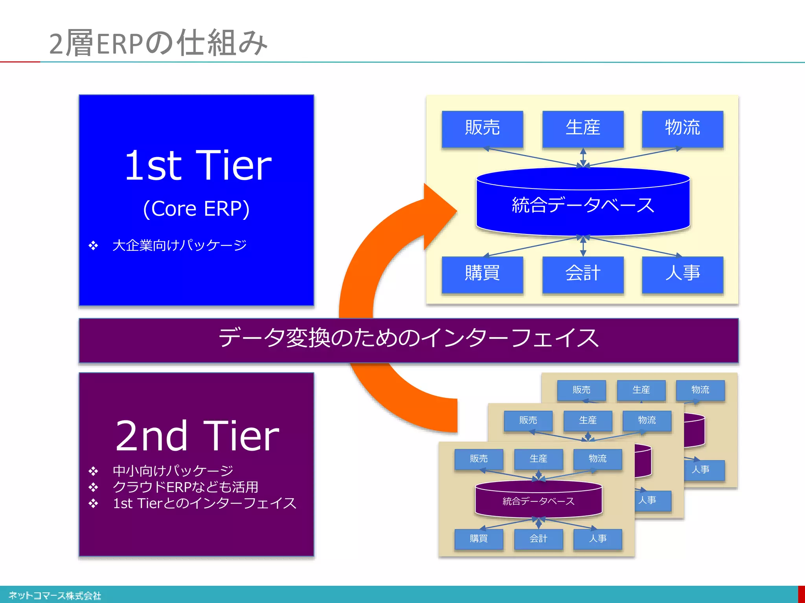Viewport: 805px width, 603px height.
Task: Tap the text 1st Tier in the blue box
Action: (198, 166)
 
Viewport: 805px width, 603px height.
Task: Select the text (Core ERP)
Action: (196, 208)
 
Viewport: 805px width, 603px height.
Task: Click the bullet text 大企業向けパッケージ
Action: (179, 245)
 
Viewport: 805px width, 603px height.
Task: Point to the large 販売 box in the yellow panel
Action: (482, 128)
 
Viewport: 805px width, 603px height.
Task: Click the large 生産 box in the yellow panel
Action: (583, 128)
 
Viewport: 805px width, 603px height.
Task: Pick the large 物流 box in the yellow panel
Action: (682, 128)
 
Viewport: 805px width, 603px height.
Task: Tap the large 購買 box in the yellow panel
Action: (482, 274)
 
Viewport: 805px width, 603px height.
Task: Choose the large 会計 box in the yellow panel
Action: (583, 274)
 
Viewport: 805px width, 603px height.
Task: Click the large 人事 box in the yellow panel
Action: (682, 274)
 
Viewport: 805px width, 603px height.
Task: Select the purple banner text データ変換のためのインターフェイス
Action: (408, 339)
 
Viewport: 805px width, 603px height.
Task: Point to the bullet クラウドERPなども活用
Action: (185, 487)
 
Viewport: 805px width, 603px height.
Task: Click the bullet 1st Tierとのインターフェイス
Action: (204, 503)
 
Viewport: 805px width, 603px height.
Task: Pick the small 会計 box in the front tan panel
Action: (539, 539)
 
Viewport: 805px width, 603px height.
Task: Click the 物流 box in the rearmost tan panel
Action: (700, 390)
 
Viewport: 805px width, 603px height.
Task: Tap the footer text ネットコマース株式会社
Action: (55, 596)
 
